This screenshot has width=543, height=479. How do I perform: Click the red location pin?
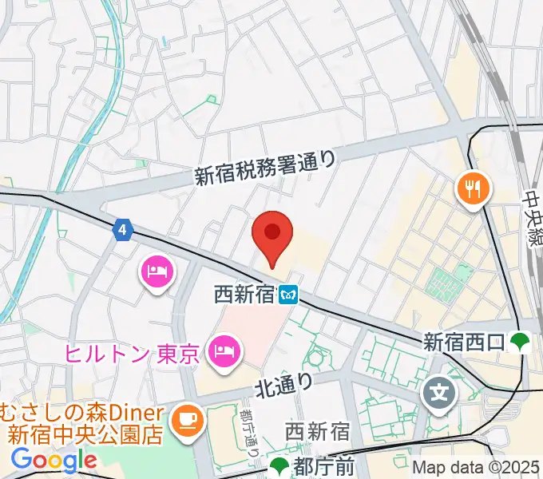click(272, 235)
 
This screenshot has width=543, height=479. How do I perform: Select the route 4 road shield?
click(121, 230)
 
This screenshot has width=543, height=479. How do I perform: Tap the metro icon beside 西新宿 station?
click(288, 295)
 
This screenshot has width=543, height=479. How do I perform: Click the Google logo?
click(54, 460)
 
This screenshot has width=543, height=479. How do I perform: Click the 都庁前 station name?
click(320, 465)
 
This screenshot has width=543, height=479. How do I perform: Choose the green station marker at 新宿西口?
click(521, 342)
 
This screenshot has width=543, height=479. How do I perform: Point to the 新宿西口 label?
click(463, 342)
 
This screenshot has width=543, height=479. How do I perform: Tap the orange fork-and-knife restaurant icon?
click(474, 189)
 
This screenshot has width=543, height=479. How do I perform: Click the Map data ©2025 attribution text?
click(477, 468)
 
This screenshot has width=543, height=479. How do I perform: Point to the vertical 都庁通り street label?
click(249, 432)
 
